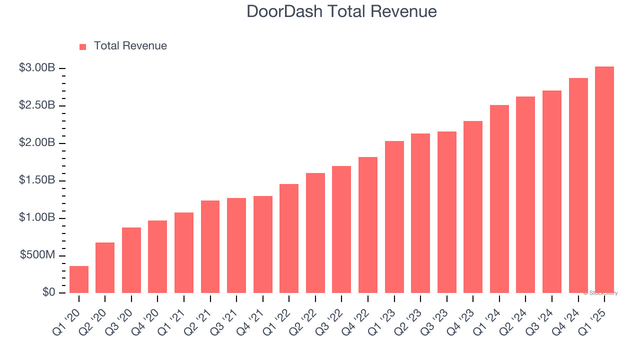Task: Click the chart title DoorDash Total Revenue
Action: point(342,11)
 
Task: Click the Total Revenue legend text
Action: point(130,46)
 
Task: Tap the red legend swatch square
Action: point(83,46)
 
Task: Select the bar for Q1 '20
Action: point(79,279)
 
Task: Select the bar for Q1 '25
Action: point(604,180)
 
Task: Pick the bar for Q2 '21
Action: point(210,246)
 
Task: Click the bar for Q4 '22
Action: point(368,225)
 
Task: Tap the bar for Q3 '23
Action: point(446,212)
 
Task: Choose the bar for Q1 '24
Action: point(499,199)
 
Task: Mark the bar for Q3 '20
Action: point(131,260)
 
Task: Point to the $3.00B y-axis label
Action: point(37,68)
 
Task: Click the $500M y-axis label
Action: point(37,255)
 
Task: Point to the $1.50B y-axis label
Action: point(37,180)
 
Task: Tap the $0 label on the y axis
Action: point(48,292)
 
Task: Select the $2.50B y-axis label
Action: point(37,105)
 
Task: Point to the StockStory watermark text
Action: point(600,293)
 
